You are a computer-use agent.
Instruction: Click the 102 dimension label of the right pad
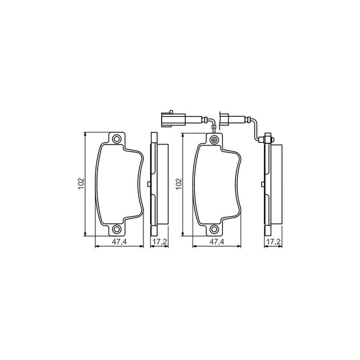179,184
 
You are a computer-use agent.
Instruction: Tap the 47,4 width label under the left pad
119,242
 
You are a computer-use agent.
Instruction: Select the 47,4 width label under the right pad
217,242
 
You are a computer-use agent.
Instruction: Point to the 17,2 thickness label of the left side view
160,242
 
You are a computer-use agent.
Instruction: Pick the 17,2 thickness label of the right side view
274,242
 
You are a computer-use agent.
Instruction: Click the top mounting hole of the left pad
117,139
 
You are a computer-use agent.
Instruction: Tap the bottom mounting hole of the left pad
117,229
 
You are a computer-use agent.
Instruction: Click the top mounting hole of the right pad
214,139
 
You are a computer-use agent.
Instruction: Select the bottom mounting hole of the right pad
214,229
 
